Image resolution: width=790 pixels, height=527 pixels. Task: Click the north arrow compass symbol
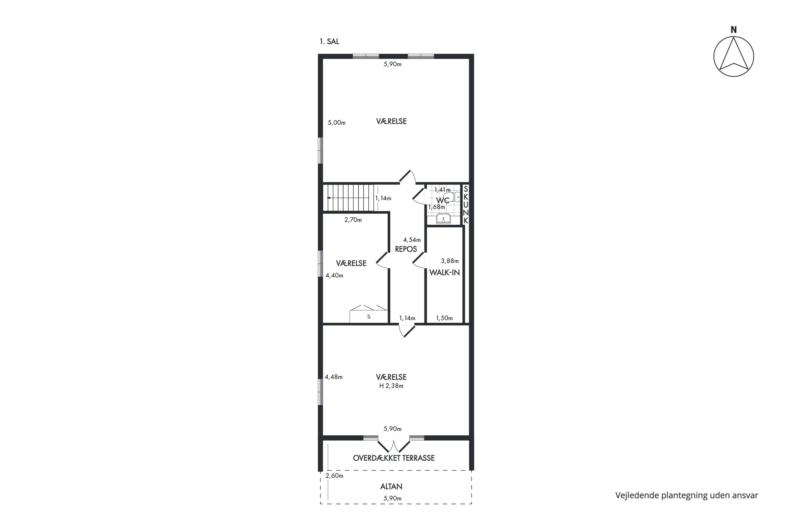pos(734,56)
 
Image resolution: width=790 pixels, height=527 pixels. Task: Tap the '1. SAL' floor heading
pos(329,42)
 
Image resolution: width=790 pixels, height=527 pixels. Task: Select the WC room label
pos(442,201)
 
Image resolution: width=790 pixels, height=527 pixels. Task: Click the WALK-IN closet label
pos(445,272)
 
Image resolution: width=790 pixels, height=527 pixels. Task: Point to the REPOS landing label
pos(406,249)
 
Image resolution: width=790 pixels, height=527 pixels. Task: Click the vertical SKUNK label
pos(466,205)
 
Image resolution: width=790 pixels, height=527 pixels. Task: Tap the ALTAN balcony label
pos(391,486)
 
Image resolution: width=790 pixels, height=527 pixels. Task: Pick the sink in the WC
pos(444,218)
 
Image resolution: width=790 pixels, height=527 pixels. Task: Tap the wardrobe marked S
pos(368,314)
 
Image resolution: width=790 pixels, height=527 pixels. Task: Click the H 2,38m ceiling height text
pos(391,386)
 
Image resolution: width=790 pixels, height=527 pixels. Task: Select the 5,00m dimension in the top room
pos(337,123)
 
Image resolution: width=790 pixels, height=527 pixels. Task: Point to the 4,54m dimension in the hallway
pos(412,240)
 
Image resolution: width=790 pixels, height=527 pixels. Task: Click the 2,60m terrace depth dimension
pos(334,476)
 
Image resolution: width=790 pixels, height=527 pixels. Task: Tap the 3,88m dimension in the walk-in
pos(450,261)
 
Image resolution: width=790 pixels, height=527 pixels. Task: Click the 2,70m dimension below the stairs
pos(353,220)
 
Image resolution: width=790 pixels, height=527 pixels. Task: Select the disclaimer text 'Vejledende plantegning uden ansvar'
pos(687,495)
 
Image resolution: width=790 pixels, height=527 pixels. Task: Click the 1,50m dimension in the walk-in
pos(445,318)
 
